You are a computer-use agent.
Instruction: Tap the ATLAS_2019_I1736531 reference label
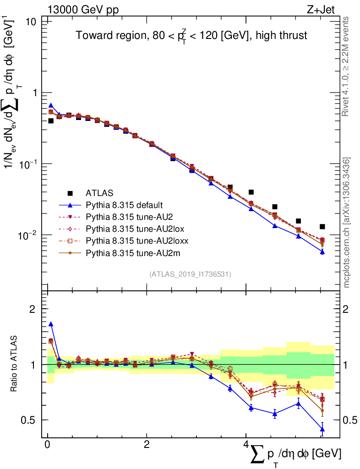190,274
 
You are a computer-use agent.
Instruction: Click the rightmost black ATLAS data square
322,227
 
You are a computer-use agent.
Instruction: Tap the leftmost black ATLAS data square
51,121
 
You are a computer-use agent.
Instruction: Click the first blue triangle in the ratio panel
51,324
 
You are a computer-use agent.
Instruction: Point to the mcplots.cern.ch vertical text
347,222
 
